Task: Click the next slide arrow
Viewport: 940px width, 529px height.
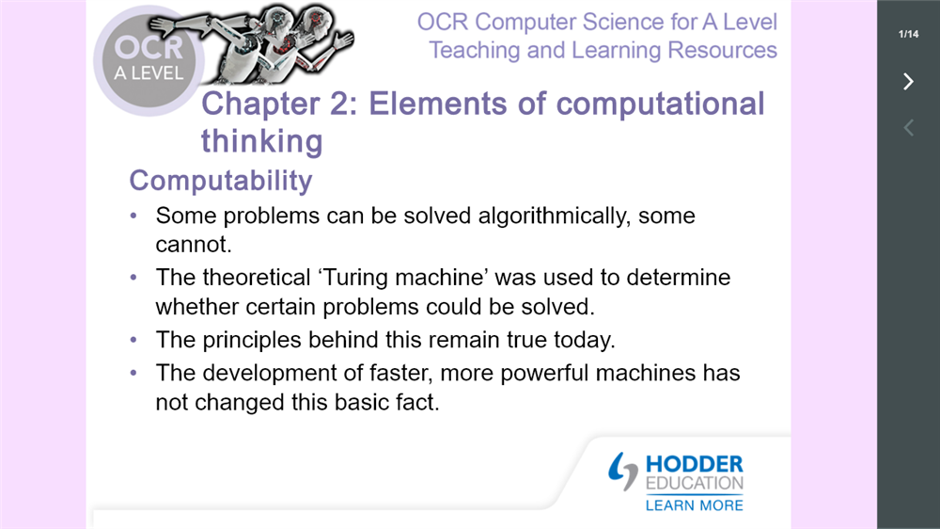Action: tap(908, 82)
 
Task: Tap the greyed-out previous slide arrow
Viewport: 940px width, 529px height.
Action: tap(908, 128)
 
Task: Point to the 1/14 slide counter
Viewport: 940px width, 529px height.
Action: tap(908, 35)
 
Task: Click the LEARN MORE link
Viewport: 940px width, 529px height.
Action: tap(694, 505)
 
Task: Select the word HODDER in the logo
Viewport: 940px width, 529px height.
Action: tap(695, 464)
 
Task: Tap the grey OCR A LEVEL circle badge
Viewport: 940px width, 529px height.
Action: tap(149, 60)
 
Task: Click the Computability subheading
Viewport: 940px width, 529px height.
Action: tap(220, 180)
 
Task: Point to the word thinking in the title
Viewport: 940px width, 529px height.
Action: tap(261, 141)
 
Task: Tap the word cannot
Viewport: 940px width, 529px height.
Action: tap(193, 245)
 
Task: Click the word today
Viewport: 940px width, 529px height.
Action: tap(585, 340)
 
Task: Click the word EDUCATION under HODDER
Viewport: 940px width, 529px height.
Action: tap(694, 484)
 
